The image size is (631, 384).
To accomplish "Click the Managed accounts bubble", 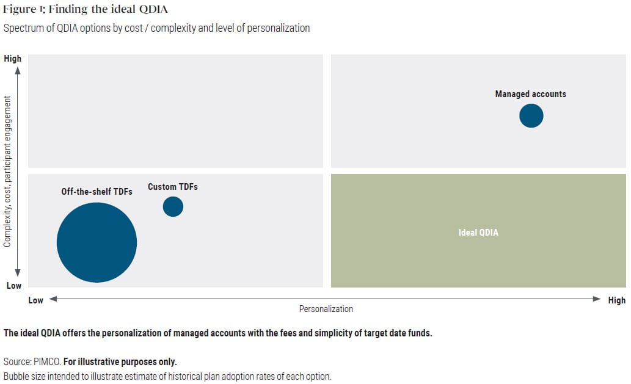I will coord(531,116).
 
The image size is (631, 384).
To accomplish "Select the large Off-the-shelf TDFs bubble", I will coord(97,242).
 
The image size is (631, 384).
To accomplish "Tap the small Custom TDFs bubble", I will coord(173,207).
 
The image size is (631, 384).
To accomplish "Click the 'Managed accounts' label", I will coord(530,94).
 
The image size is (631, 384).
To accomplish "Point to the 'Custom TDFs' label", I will coord(173,187).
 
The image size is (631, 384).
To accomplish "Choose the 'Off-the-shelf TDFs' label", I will coord(97,192).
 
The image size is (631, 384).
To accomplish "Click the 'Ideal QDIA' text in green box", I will coord(478,233).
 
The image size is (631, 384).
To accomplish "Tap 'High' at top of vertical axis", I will coord(12,59).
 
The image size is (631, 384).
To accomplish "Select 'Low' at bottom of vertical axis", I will coord(13,286).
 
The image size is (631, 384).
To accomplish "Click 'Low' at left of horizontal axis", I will coord(36,300).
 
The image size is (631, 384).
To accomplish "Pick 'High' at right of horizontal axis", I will coord(616,300).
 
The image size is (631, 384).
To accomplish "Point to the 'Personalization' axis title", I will coord(326,309).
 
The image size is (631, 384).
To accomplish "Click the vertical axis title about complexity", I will coord(7,171).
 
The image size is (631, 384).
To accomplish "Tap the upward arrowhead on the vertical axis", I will coord(18,71).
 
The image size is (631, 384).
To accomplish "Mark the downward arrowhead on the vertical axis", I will coord(18,273).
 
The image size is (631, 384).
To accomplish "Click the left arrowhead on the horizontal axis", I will coord(53,299).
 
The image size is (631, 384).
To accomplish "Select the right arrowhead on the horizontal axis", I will coord(597,299).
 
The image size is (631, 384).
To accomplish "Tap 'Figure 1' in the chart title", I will coord(22,9).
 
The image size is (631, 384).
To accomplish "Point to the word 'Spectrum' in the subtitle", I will coord(23,28).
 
